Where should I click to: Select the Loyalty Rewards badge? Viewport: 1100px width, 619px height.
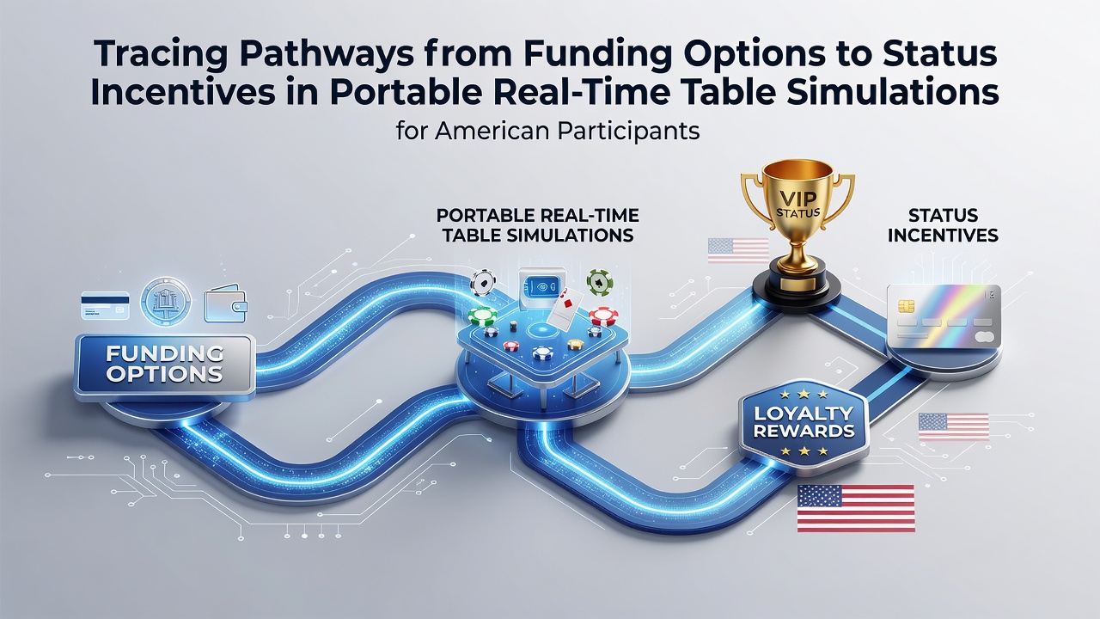click(804, 422)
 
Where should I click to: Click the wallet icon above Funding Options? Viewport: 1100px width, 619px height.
click(225, 303)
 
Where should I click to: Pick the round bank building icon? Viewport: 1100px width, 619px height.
click(166, 301)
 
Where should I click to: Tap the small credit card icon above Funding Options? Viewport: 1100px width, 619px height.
click(105, 304)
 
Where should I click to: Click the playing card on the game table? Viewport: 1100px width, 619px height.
click(565, 308)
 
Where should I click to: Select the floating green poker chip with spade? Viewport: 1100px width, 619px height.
click(600, 283)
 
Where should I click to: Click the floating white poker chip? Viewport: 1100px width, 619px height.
click(483, 283)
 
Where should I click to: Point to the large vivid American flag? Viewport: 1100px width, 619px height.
click(856, 508)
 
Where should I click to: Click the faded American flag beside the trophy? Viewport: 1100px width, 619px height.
click(738, 250)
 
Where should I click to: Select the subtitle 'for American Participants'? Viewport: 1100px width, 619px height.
click(547, 132)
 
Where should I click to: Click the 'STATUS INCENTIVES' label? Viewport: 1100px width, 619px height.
click(943, 225)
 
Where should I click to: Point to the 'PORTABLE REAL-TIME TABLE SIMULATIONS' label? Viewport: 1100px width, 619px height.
click(538, 225)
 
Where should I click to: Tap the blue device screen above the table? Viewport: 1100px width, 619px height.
click(541, 285)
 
